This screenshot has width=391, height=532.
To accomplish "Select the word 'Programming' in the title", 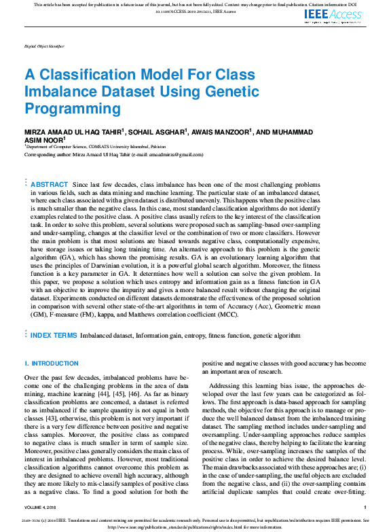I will [73, 108].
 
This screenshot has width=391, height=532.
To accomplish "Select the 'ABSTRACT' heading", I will [50, 185].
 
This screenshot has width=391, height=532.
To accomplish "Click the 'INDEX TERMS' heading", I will [53, 336].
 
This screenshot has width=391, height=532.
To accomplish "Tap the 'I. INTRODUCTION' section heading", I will [51, 363].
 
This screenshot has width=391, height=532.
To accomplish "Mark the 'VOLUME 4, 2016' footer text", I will [41, 507].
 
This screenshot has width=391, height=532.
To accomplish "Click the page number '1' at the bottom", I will [365, 507].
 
